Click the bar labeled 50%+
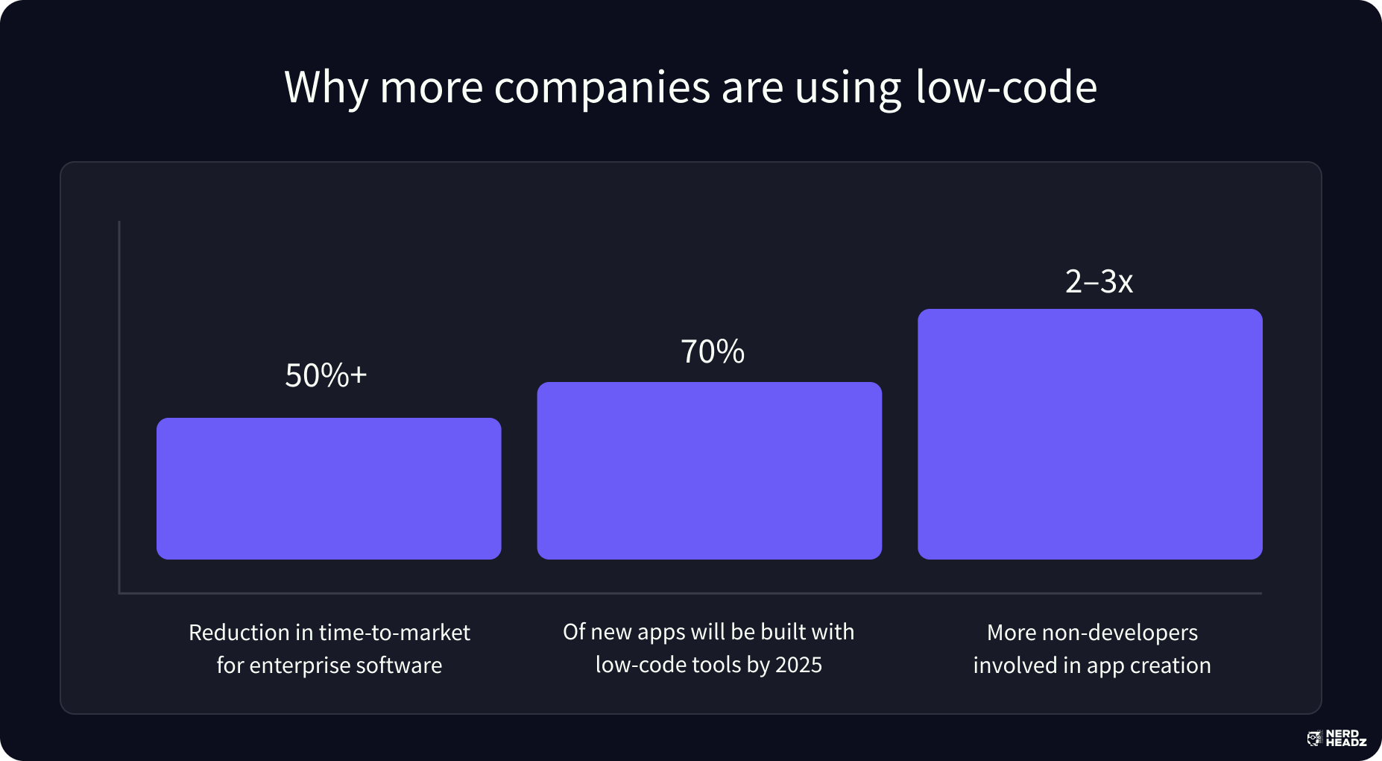coord(329,489)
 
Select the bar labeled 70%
coord(709,471)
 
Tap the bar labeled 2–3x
coord(1090,434)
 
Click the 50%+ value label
coord(326,375)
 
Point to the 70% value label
coord(713,351)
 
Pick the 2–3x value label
coord(1099,281)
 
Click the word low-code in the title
coord(1006,87)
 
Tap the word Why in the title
coord(326,87)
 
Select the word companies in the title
coord(602,87)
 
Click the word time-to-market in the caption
coord(394,633)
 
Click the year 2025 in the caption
coord(798,665)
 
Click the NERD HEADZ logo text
coord(1345,739)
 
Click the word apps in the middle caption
coord(661,633)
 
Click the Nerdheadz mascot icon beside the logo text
coord(1314,739)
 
